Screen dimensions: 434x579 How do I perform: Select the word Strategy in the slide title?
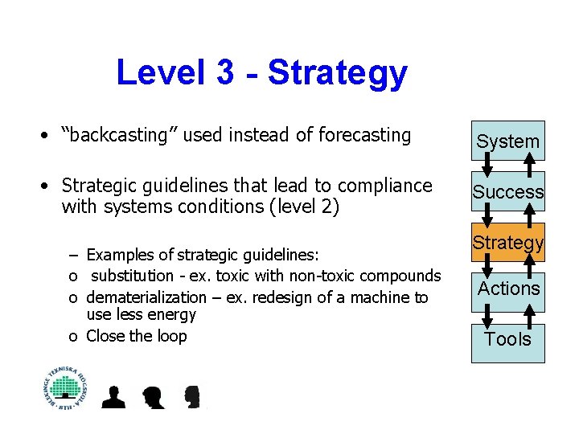(x=338, y=73)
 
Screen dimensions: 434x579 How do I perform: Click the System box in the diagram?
(x=507, y=141)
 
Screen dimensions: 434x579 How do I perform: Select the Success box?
(x=507, y=192)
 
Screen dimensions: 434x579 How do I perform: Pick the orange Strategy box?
(x=507, y=243)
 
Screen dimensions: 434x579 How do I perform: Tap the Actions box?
(x=507, y=289)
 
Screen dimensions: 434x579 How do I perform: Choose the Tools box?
(x=507, y=340)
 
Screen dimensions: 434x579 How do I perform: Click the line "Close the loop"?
(x=136, y=336)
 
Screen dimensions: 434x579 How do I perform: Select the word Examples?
(x=117, y=256)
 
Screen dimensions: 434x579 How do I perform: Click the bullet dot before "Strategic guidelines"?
(x=49, y=186)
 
